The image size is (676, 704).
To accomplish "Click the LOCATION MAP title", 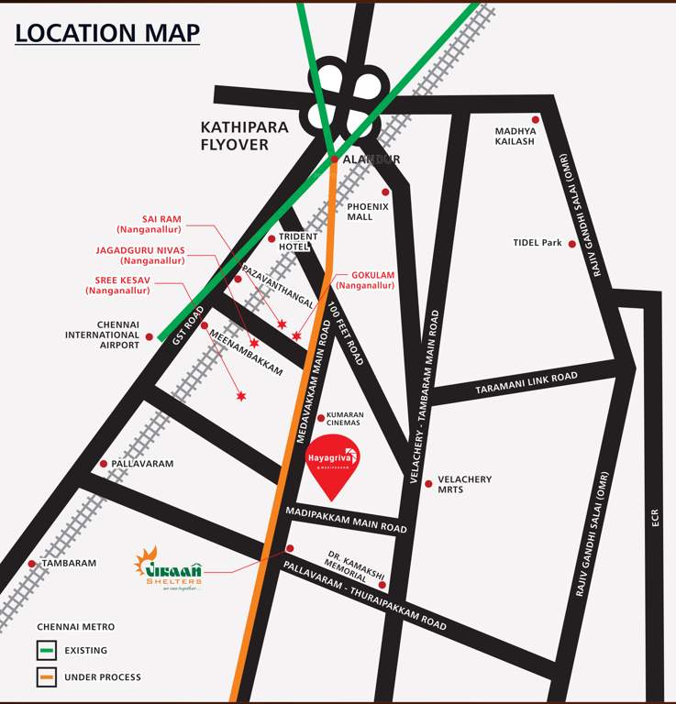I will tap(107, 32).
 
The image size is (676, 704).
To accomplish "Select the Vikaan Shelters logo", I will tap(168, 568).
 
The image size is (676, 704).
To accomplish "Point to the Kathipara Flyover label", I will tap(244, 136).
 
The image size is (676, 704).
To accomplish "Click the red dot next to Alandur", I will tap(334, 159).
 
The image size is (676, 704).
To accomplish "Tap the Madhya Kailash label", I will tap(515, 136).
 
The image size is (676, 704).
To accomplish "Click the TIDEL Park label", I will tap(537, 243).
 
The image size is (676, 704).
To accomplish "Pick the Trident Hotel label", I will tap(298, 242).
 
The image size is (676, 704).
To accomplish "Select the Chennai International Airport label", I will tap(102, 335).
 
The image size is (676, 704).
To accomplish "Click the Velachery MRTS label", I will tap(464, 484).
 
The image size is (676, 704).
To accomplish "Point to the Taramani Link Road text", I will tap(526, 383).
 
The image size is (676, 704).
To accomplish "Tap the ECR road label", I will tap(655, 518).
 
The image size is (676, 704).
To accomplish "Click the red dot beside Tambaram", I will tap(32, 564).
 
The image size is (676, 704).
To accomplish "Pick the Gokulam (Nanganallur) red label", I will tap(372, 280).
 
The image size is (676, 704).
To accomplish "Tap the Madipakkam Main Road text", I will tap(346, 520).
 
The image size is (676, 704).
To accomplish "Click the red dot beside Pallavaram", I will tap(104, 464).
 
